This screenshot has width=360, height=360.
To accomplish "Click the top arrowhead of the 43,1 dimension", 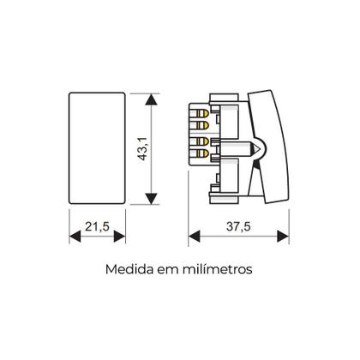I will click(x=152, y=99).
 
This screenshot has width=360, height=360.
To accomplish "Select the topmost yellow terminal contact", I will click(x=203, y=111).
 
